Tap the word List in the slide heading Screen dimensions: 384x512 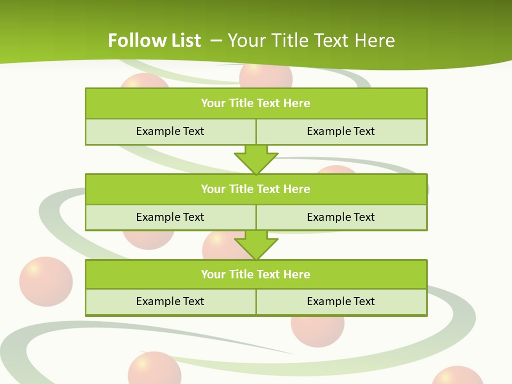(x=183, y=41)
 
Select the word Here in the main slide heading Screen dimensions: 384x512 (x=374, y=41)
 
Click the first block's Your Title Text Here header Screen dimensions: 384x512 (x=256, y=103)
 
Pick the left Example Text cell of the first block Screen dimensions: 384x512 (x=170, y=131)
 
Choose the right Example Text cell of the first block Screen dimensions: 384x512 (x=341, y=131)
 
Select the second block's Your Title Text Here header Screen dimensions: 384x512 (x=256, y=189)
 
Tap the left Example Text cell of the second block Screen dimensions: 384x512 (x=170, y=217)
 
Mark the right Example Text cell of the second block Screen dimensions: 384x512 (x=341, y=217)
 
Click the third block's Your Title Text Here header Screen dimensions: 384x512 (x=256, y=274)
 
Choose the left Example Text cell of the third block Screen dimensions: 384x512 (x=170, y=301)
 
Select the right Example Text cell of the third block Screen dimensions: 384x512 (x=341, y=301)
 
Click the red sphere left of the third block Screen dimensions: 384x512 (x=46, y=282)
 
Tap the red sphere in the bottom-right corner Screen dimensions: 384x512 (x=457, y=376)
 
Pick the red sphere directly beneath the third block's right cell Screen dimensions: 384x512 (x=318, y=331)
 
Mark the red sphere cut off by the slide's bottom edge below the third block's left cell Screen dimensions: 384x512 (x=155, y=369)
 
